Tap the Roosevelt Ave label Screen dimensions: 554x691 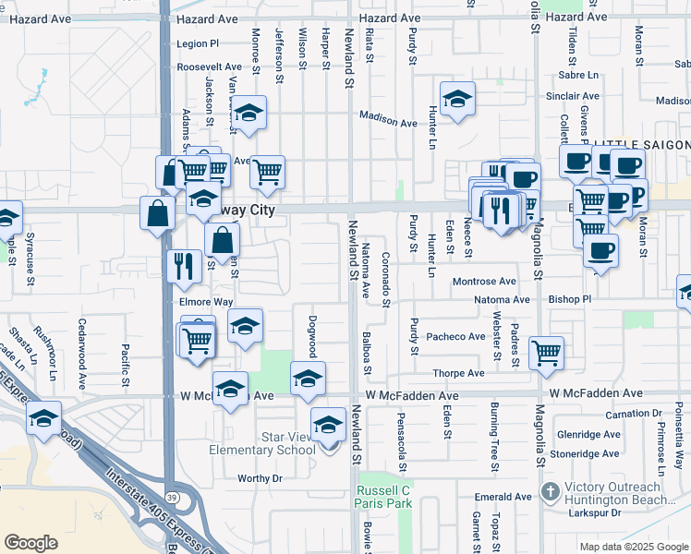pos(208,67)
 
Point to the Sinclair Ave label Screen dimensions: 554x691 pos(573,96)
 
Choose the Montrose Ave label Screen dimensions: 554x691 pos(483,281)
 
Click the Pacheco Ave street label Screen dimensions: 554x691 pos(455,337)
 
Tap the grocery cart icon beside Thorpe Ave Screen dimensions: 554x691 pos(546,352)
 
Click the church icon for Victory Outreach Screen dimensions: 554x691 pos(550,489)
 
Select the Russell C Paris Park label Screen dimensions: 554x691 pos(382,497)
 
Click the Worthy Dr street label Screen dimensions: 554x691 pos(260,478)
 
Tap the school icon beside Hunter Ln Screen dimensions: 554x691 pos(456,101)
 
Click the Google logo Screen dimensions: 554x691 pos(31,542)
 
